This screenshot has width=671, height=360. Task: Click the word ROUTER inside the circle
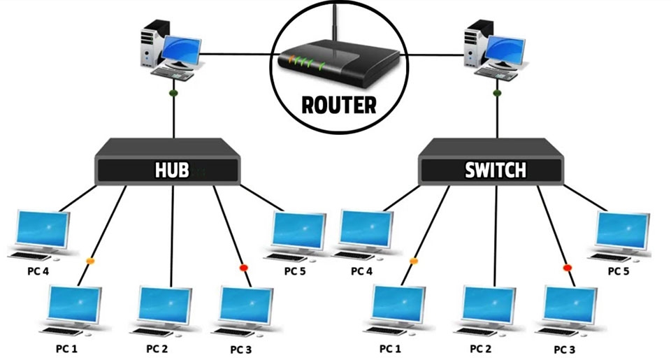[x=338, y=105]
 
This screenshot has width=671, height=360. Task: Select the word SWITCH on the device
[x=496, y=170]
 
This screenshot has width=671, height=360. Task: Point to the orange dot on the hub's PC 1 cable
[x=89, y=261]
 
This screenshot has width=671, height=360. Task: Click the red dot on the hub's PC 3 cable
[x=243, y=268]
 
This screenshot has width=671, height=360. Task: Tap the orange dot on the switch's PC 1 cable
[x=413, y=261]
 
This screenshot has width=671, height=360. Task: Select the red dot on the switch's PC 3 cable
[x=567, y=268]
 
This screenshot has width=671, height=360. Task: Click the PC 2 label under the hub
[x=158, y=347]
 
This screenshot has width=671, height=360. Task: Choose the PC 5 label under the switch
[x=619, y=271]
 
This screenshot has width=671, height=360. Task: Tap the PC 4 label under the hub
[x=36, y=271]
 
